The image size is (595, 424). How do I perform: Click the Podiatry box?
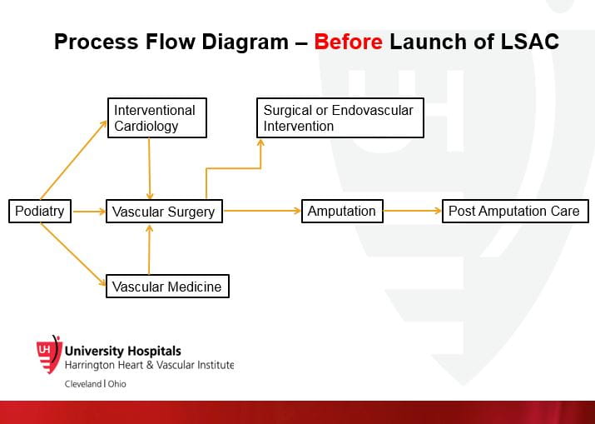click(x=39, y=211)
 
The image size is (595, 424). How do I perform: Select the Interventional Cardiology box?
click(x=156, y=117)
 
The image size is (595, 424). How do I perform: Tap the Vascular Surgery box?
click(x=164, y=212)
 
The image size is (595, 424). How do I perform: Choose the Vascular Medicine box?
click(x=167, y=287)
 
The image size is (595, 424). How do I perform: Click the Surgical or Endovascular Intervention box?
click(x=339, y=117)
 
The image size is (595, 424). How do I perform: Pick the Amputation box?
click(x=342, y=211)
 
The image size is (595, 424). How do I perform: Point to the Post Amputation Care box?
click(x=514, y=211)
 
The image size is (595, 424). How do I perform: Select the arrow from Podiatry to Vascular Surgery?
click(x=88, y=212)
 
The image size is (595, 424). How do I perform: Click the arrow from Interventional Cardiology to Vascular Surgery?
click(x=149, y=168)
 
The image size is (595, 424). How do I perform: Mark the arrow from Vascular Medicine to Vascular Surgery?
click(x=150, y=249)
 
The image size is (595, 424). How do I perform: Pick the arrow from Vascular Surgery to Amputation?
click(x=261, y=212)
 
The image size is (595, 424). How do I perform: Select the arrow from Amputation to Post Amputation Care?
click(x=413, y=212)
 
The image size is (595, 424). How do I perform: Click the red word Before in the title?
click(x=349, y=42)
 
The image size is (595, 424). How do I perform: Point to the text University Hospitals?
click(x=122, y=352)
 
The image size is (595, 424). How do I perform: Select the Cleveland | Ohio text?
click(x=96, y=384)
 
